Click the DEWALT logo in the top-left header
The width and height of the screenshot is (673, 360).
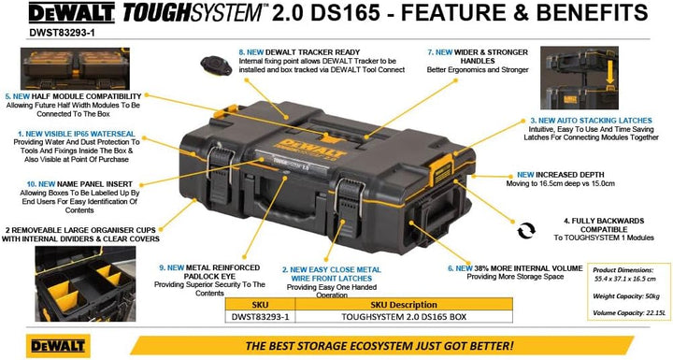[x=71, y=13]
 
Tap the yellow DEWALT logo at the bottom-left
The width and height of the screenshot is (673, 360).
[x=58, y=346]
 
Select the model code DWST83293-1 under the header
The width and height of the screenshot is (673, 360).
[x=62, y=32]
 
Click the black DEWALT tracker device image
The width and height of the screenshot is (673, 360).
[x=216, y=65]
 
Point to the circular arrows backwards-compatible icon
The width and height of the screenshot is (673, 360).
[x=526, y=230]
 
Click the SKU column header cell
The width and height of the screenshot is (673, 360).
[x=260, y=305]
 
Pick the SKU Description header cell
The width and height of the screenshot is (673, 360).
[x=404, y=305]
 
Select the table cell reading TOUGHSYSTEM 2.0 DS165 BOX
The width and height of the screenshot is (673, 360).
[x=404, y=317]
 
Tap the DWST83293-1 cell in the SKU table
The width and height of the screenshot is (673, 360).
[x=260, y=317]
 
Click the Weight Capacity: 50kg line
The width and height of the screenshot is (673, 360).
[x=626, y=296]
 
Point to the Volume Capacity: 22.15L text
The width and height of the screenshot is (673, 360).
[x=629, y=312]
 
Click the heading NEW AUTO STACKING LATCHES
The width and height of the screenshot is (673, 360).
[x=595, y=121]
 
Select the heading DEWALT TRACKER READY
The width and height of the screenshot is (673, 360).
[x=312, y=52]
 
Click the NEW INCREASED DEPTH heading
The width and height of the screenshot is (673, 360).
[x=560, y=175]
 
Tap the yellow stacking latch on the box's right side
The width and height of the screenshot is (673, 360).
[x=441, y=169]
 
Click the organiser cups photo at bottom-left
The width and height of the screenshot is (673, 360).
[x=85, y=283]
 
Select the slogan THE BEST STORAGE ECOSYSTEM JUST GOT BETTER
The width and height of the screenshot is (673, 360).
[x=379, y=346]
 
